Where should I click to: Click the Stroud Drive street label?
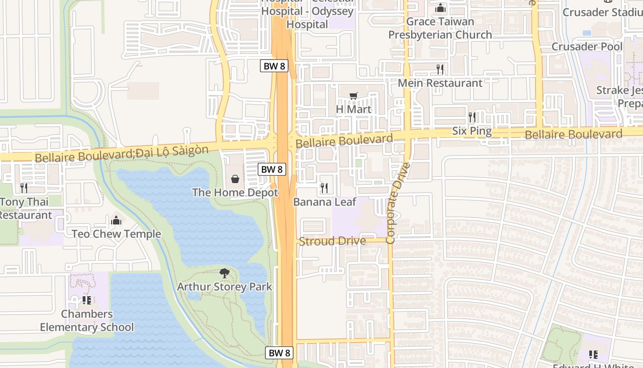click(333, 241)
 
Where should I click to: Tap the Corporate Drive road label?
click(398, 203)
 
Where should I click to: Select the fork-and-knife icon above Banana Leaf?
click(324, 188)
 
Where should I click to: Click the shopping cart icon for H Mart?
click(353, 96)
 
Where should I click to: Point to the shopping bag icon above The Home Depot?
click(235, 178)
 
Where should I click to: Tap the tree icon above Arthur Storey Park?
click(225, 273)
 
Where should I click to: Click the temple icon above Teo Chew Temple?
click(116, 220)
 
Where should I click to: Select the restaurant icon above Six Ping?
click(472, 117)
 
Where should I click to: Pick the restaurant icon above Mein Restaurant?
click(440, 69)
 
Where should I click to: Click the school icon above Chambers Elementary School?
click(87, 300)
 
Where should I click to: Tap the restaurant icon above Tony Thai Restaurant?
click(24, 188)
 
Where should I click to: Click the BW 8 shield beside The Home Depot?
click(272, 169)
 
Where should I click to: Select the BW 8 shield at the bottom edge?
click(279, 353)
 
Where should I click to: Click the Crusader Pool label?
click(587, 46)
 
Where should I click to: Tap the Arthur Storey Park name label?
click(225, 287)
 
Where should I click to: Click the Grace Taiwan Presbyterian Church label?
click(440, 28)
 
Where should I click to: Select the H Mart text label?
click(353, 109)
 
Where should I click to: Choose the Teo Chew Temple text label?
click(116, 234)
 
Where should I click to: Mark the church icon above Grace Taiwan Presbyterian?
click(440, 8)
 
